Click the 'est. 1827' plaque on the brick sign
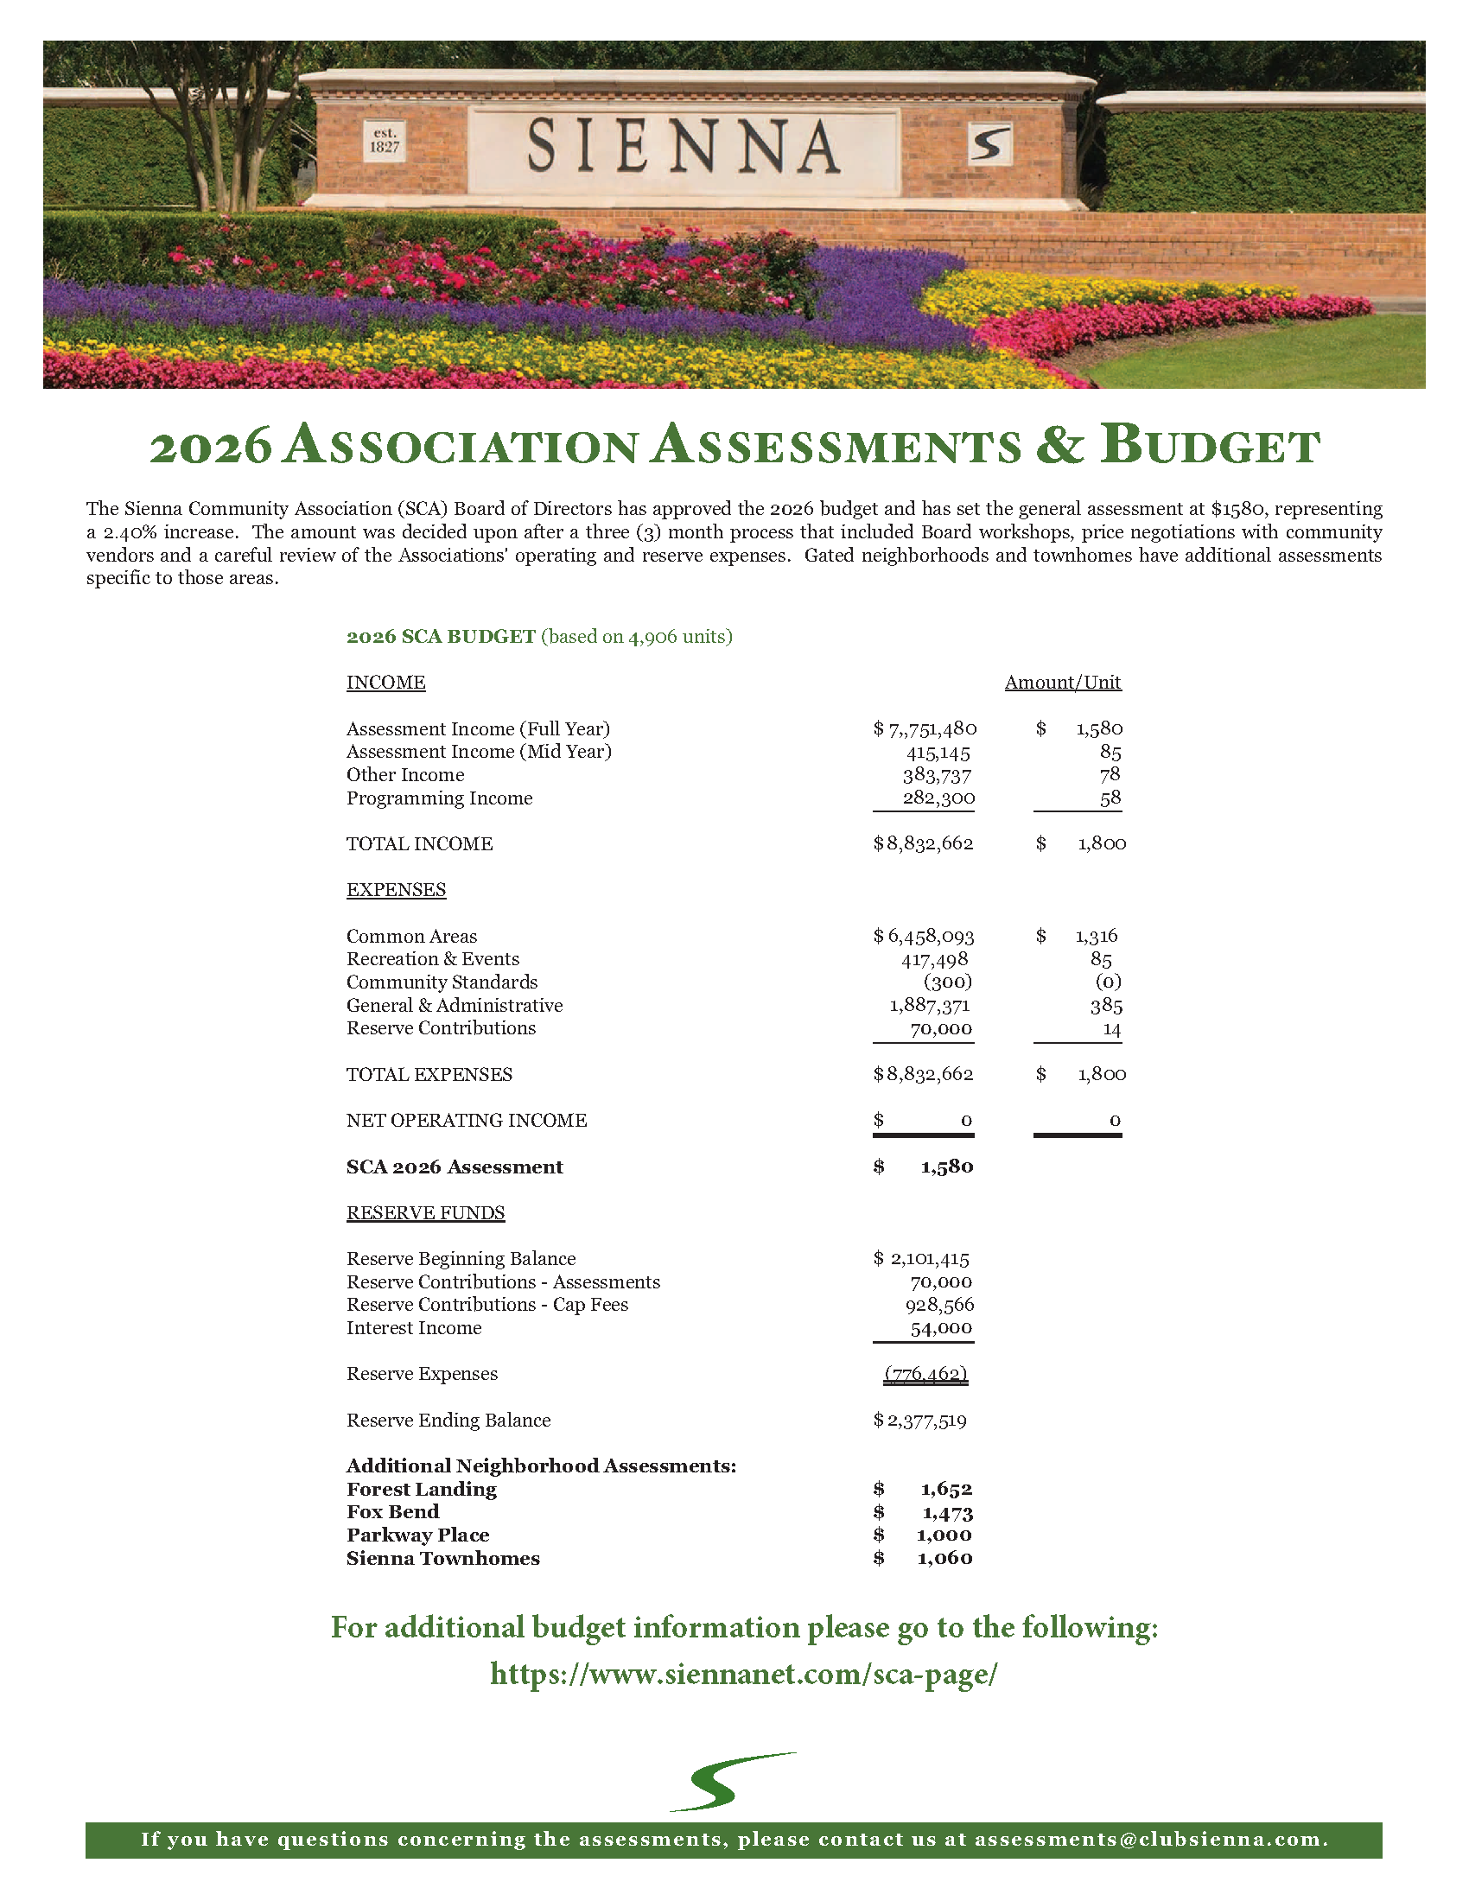(385, 140)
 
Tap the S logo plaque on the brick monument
(989, 143)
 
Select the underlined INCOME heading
(385, 683)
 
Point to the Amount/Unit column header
(1063, 683)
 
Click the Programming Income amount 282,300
(938, 798)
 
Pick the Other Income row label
(404, 775)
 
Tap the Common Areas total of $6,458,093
(925, 937)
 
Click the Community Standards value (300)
(948, 982)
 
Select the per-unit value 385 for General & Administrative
(1106, 1006)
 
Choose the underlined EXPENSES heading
(396, 889)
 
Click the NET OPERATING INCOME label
(467, 1120)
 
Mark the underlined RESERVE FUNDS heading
(425, 1212)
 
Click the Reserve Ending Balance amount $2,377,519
(921, 1421)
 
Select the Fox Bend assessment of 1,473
(947, 1513)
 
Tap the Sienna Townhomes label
(443, 1559)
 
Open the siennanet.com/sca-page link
(743, 1674)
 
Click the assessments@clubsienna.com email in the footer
(1150, 1839)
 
